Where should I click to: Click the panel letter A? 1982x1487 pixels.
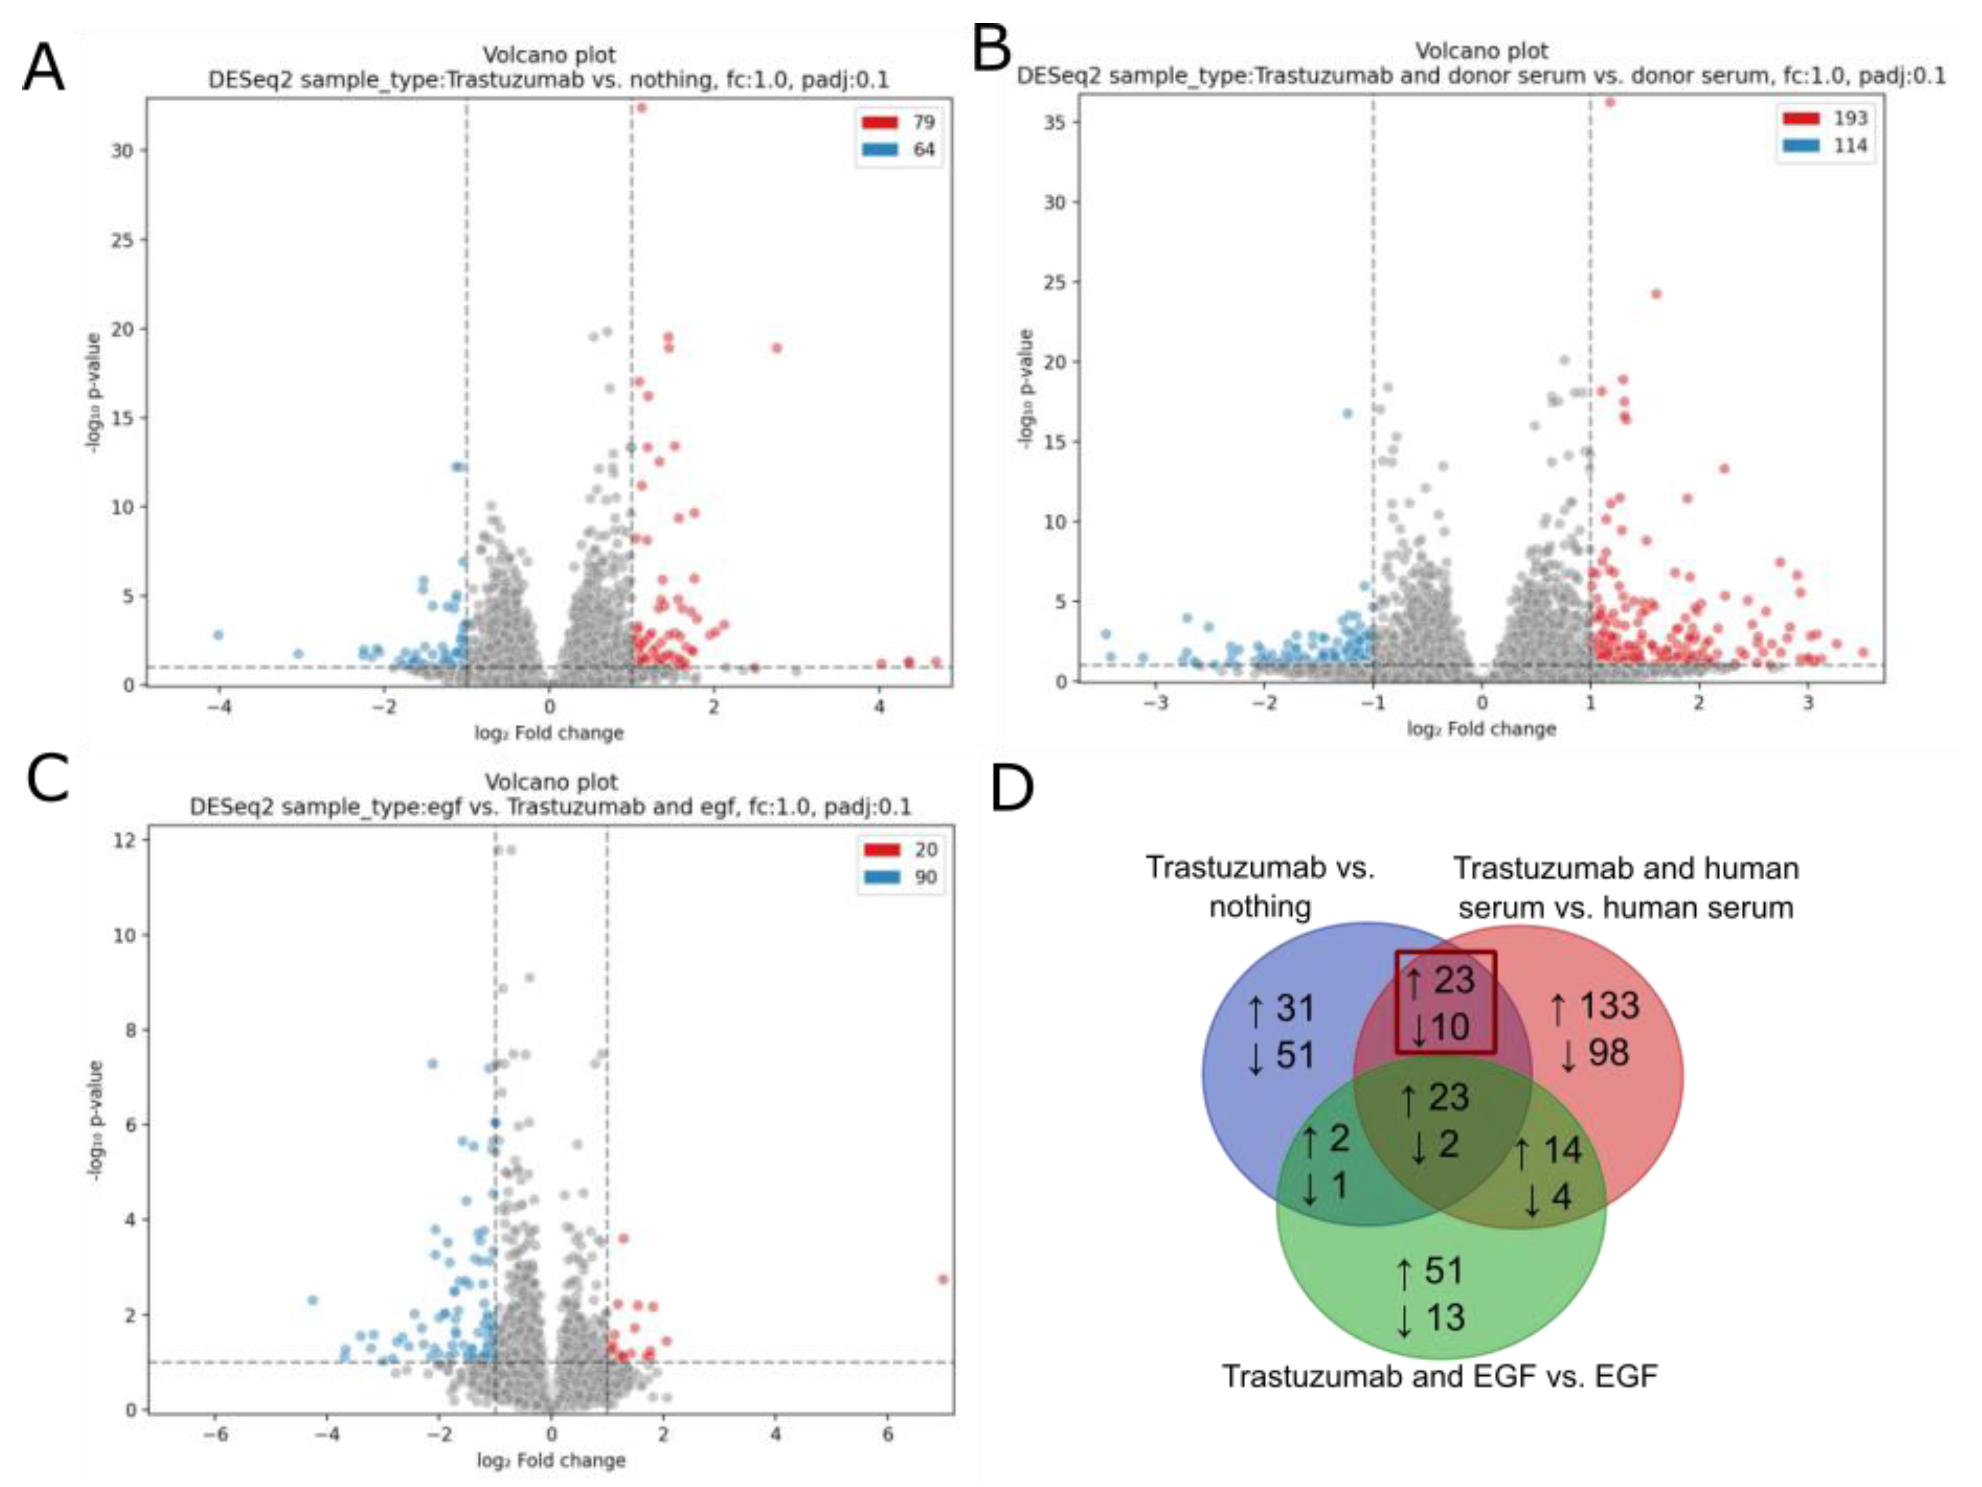pyautogui.click(x=43, y=69)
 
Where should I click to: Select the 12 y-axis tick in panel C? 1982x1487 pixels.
pyautogui.click(x=125, y=839)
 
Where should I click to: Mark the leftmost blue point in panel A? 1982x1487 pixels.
pyautogui.click(x=218, y=634)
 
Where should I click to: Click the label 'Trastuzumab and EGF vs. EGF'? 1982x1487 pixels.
pyautogui.click(x=1440, y=1375)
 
